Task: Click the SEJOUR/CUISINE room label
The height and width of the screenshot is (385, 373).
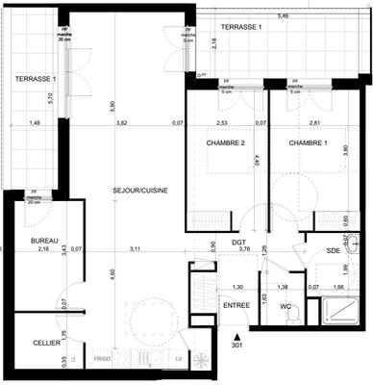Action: tap(140, 191)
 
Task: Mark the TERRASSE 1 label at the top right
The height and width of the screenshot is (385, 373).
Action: tap(241, 28)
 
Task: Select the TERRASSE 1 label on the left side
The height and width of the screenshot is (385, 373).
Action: tap(34, 78)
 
